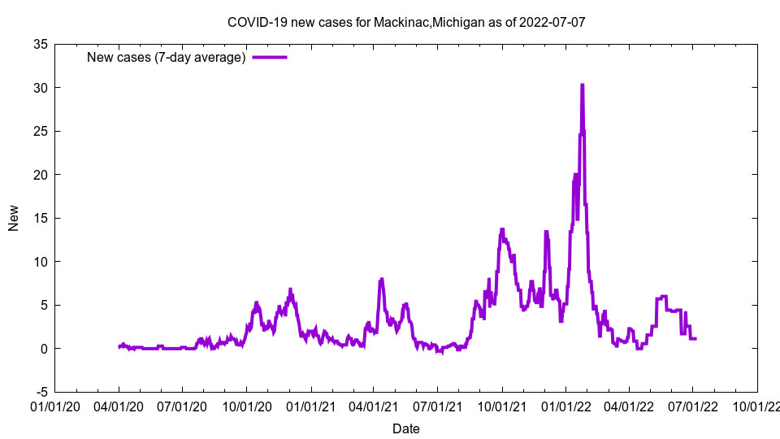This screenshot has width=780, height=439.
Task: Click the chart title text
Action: pyautogui.click(x=406, y=22)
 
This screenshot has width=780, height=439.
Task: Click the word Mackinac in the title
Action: pyautogui.click(x=401, y=22)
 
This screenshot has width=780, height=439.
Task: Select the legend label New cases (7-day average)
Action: pyautogui.click(x=167, y=57)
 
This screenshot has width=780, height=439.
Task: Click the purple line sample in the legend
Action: pyautogui.click(x=270, y=57)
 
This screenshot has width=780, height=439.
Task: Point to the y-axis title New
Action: pyautogui.click(x=14, y=218)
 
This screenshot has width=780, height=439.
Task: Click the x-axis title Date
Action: pyautogui.click(x=406, y=428)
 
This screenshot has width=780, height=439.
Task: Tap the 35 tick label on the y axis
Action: pyautogui.click(x=40, y=44)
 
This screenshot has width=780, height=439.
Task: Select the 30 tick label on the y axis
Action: pyautogui.click(x=40, y=88)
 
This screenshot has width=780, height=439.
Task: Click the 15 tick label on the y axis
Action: pyautogui.click(x=40, y=218)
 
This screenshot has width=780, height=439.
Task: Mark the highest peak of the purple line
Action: pyautogui.click(x=582, y=85)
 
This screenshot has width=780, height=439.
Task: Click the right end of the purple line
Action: pyautogui.click(x=695, y=338)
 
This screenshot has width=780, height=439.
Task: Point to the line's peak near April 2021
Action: pyautogui.click(x=381, y=280)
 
